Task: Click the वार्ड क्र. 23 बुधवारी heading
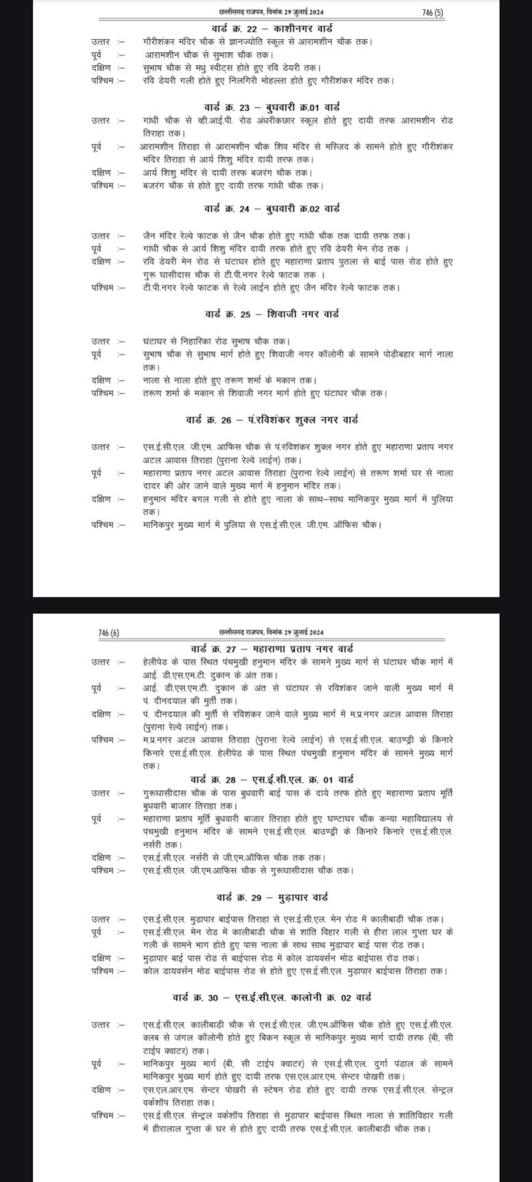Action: (268, 106)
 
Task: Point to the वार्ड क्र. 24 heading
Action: (268, 209)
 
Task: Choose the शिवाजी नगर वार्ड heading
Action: (268, 314)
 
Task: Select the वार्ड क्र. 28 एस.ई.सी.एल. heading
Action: (267, 778)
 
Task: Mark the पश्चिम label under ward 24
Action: (101, 288)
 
